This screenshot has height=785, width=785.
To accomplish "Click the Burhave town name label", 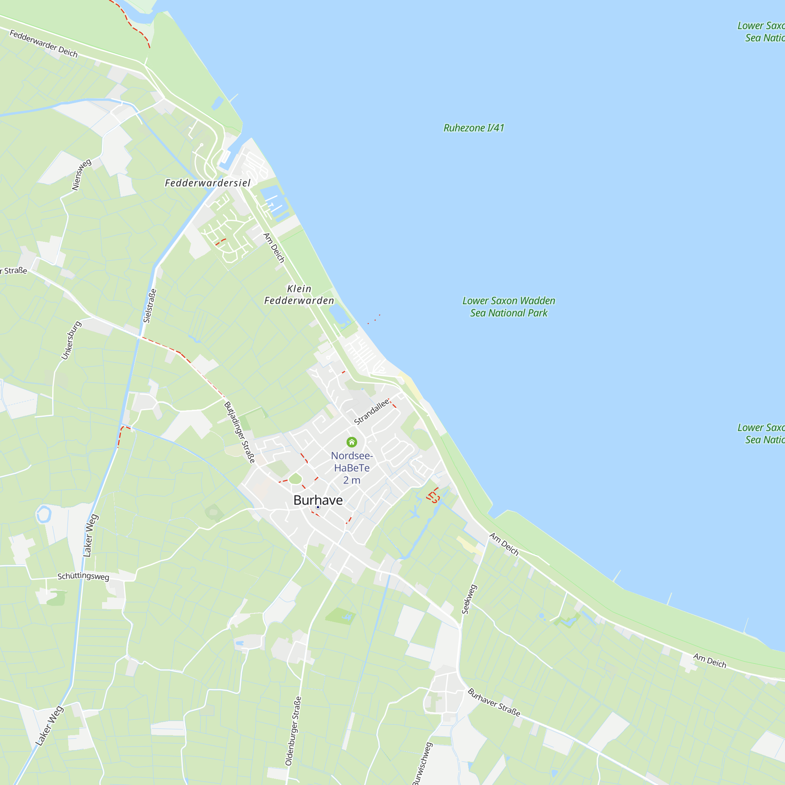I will pyautogui.click(x=318, y=500).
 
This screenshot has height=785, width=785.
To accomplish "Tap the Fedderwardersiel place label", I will pyautogui.click(x=208, y=183).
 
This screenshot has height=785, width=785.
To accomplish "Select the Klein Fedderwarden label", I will pyautogui.click(x=299, y=295).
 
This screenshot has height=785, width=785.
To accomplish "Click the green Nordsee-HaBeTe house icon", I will pyautogui.click(x=352, y=442).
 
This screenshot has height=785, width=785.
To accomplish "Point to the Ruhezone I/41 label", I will pyautogui.click(x=474, y=128).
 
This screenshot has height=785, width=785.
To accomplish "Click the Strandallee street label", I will pyautogui.click(x=371, y=412).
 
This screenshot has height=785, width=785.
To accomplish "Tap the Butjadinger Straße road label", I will pyautogui.click(x=240, y=432).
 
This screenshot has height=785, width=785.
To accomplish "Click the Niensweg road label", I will pyautogui.click(x=81, y=175).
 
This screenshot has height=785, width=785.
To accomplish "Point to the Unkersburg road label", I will pyautogui.click(x=71, y=340).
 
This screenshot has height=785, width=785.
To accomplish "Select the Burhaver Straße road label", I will pyautogui.click(x=494, y=702).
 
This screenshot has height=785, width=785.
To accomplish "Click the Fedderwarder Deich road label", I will pyautogui.click(x=44, y=44).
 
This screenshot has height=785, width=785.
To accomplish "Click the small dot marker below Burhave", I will pyautogui.click(x=318, y=507).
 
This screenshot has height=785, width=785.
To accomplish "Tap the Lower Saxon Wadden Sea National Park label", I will pyautogui.click(x=509, y=307).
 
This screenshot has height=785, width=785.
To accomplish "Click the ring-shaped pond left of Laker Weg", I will pyautogui.click(x=44, y=514).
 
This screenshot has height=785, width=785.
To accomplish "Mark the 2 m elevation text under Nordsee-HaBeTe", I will pyautogui.click(x=351, y=480).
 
